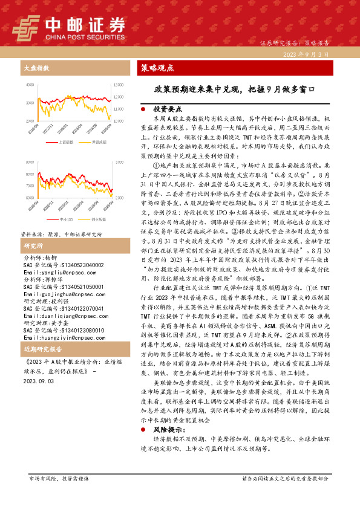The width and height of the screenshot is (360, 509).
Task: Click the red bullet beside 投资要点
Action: click(142, 110)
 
